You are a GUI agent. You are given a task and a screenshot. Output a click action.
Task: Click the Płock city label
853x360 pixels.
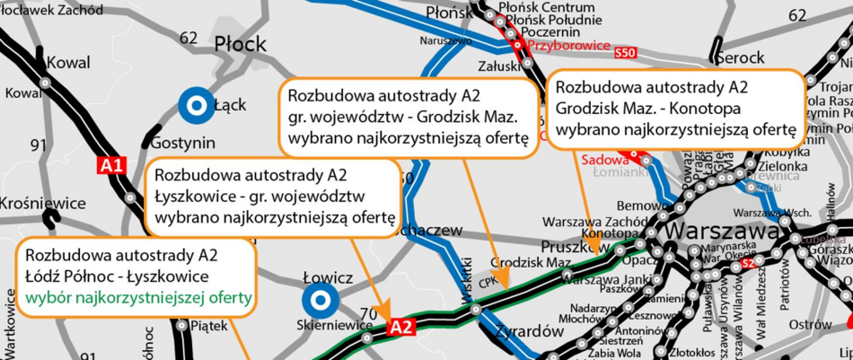click(x=240, y=44)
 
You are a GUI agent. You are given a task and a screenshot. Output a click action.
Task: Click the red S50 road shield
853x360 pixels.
click(x=626, y=55)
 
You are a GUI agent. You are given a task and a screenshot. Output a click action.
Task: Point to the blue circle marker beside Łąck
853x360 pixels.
click(x=193, y=105)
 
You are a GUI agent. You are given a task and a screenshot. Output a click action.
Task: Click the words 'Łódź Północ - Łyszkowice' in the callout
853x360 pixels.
click(x=117, y=275)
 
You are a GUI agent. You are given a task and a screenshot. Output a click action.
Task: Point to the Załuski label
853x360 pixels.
click(x=495, y=65)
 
